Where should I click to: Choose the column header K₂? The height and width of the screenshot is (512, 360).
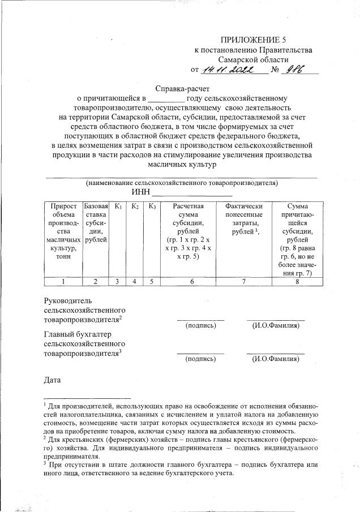(x=135, y=207)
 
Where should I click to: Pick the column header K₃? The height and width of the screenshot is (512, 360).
(x=152, y=207)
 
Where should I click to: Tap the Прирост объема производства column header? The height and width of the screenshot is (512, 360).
(x=63, y=231)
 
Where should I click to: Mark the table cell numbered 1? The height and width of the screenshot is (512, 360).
(x=63, y=281)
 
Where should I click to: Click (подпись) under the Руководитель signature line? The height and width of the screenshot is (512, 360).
(x=201, y=325)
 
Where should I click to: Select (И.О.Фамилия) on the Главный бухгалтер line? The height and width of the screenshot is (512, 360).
(x=276, y=359)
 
